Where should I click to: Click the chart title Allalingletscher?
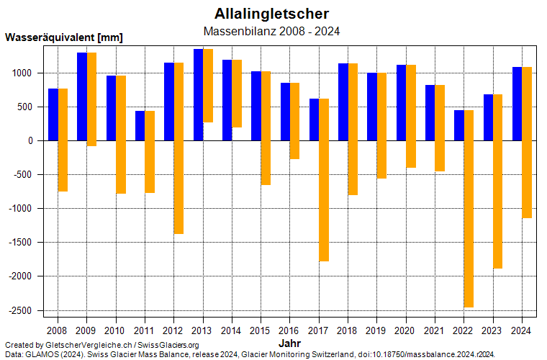click(x=272, y=14)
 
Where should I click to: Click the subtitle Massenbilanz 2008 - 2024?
click(x=272, y=31)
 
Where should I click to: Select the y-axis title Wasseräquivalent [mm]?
click(x=64, y=37)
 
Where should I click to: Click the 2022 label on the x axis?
click(x=464, y=330)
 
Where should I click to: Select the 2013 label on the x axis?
click(x=202, y=330)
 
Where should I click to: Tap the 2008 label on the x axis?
click(x=58, y=330)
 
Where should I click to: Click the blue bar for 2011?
click(x=140, y=126)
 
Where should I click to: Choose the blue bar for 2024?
click(x=517, y=104)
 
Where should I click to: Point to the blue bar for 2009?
click(x=82, y=96)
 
